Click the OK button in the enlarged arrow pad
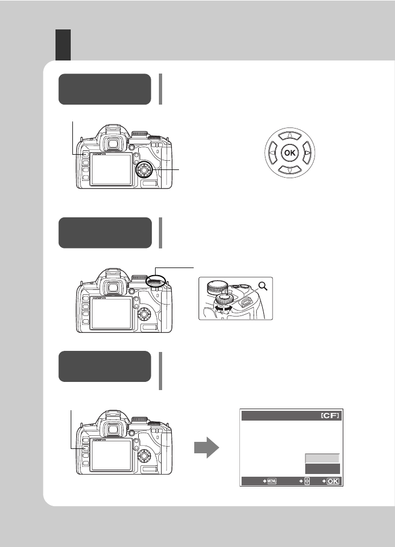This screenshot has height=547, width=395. [x=289, y=154]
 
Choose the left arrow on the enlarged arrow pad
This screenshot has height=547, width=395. [x=271, y=154]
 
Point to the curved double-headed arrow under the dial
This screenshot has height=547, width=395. [x=224, y=308]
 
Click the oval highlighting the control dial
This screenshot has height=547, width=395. [x=157, y=281]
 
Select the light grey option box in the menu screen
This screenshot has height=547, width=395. [x=322, y=459]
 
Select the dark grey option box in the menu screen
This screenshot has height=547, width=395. [x=322, y=469]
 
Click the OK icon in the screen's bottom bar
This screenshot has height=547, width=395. [x=333, y=481]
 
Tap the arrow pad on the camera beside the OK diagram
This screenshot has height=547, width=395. [x=144, y=171]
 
